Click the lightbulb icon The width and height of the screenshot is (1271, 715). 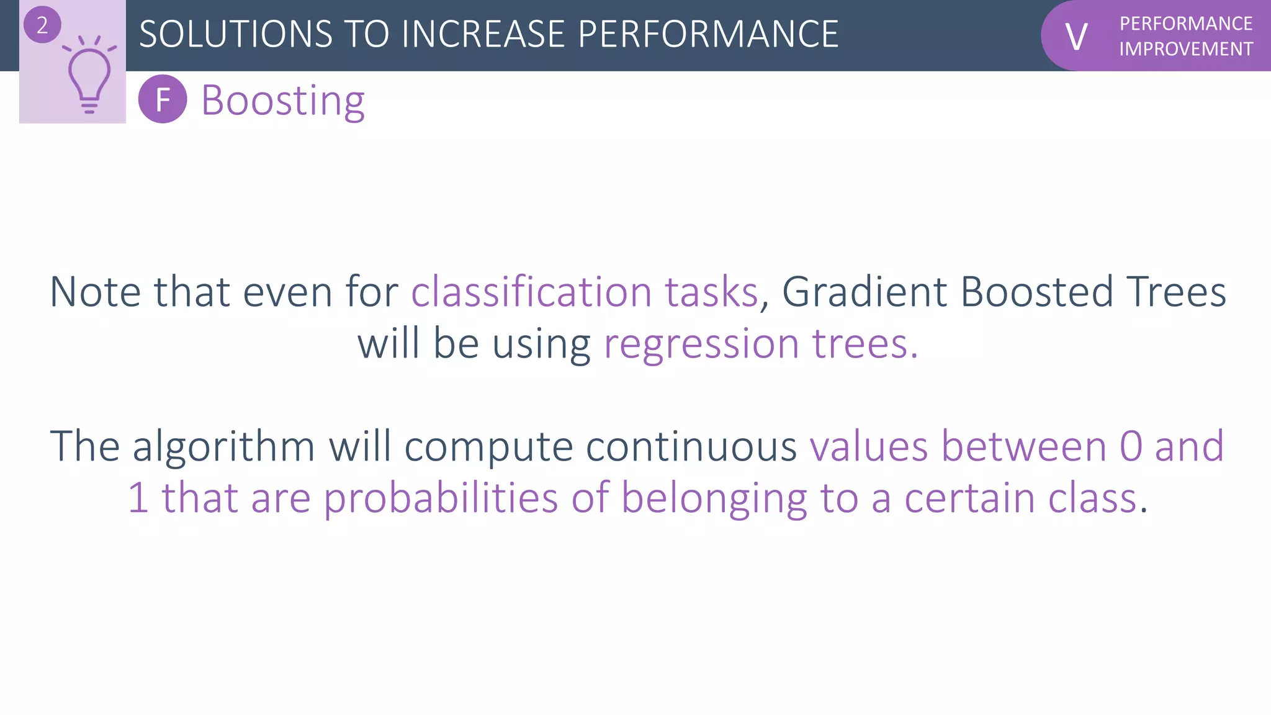coord(89,78)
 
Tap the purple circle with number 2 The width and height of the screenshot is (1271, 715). coord(42,25)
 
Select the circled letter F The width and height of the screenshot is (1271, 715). coord(163,99)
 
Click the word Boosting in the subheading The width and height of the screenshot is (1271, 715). coord(283,101)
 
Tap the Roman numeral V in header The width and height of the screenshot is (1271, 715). coord(1076,37)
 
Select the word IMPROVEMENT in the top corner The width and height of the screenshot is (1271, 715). coord(1186,49)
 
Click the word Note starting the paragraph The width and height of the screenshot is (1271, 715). coord(95,292)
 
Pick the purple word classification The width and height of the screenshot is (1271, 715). coord(531,292)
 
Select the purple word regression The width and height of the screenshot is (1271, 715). coord(701,344)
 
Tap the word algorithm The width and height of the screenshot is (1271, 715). coord(223,446)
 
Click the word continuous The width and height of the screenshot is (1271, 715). coord(691,446)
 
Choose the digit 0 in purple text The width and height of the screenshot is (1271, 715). coord(1131,446)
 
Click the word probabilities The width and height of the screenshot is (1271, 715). coord(441,498)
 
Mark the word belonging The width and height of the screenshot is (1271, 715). coord(714,498)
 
